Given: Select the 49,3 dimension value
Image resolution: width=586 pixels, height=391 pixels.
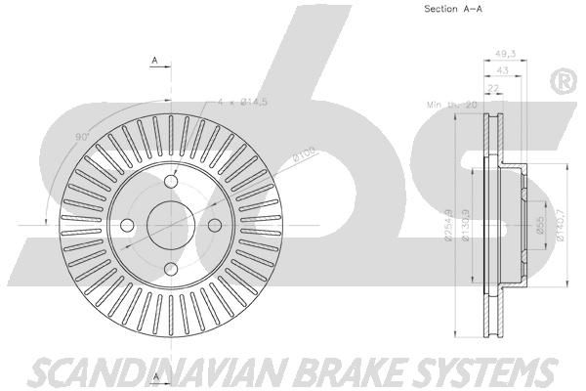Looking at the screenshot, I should [x=505, y=55].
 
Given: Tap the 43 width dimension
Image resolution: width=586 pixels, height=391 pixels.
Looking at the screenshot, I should [x=502, y=70].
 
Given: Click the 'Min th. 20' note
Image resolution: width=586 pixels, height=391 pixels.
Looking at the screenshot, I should [x=448, y=103].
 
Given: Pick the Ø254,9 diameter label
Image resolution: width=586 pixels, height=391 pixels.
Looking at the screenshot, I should [x=447, y=223].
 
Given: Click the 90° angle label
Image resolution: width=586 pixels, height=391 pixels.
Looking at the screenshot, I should [x=82, y=136].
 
